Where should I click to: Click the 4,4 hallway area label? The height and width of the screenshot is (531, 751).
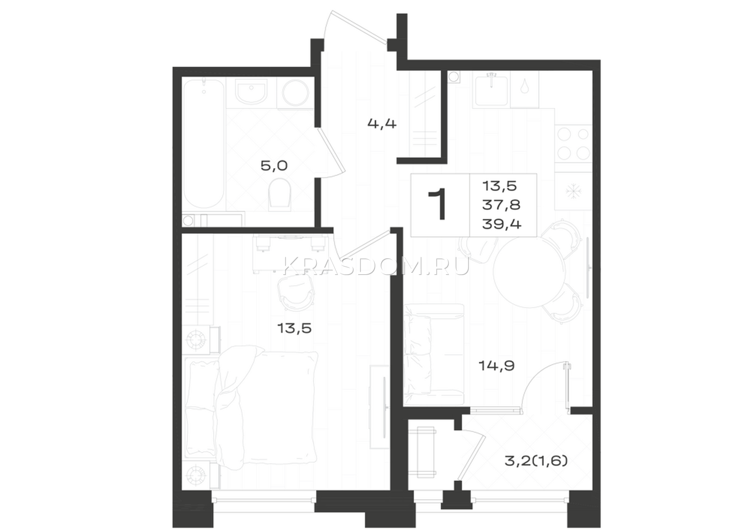382,124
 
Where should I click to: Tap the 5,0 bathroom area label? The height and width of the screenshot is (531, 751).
274,166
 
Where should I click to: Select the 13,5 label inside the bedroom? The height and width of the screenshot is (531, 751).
294,328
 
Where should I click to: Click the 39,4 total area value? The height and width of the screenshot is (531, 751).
502,224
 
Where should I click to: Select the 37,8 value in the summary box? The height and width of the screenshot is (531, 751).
501,205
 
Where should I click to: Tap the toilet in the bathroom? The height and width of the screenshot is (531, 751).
280,195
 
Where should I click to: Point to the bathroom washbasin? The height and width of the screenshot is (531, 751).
252,92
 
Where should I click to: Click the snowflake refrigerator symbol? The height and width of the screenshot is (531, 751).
573,192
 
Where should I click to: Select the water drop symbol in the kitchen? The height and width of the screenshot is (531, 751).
524,87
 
